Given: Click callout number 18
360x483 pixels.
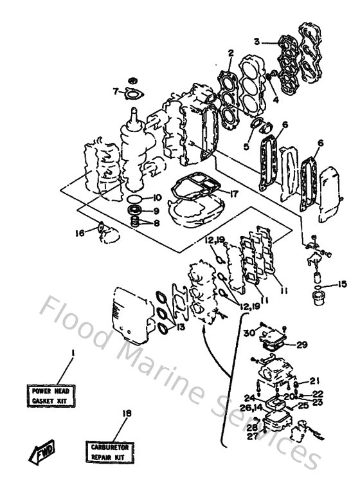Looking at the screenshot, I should pyautogui.click(x=127, y=414).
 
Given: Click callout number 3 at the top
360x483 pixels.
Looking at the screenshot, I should pyautogui.click(x=256, y=42).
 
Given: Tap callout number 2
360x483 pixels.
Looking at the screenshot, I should pyautogui.click(x=229, y=55).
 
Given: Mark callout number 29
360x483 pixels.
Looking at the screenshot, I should pyautogui.click(x=302, y=345).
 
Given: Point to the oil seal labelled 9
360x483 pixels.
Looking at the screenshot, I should pyautogui.click(x=134, y=210).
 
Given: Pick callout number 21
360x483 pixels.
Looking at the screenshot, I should pyautogui.click(x=314, y=380).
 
